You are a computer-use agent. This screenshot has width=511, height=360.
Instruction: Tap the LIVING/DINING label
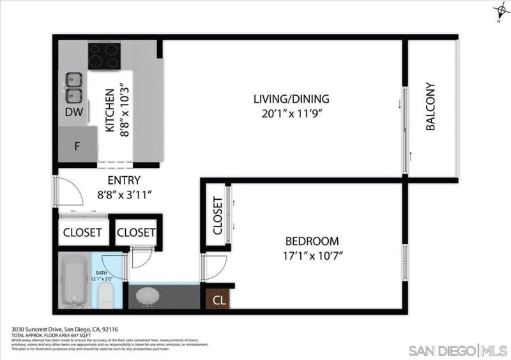pos(291,99)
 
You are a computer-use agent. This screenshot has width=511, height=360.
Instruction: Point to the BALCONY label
pos(430,107)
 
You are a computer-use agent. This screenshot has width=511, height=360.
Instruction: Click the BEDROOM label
pos(312,241)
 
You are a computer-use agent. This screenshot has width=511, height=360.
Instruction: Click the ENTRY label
pos(123,180)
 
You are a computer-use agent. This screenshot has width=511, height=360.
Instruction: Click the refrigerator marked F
pos(77,146)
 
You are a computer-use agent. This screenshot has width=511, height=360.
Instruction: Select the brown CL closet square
pos(218,298)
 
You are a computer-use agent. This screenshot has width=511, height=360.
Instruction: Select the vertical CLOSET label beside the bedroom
pos(217,215)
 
